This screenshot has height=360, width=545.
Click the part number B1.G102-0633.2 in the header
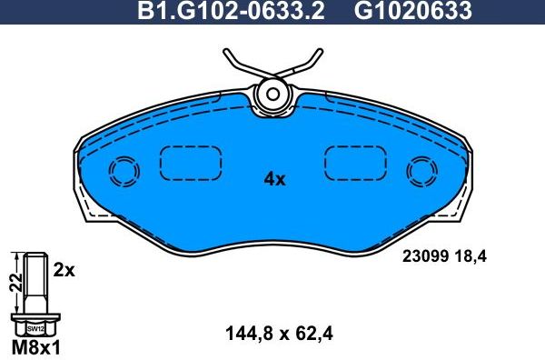tap(232, 12)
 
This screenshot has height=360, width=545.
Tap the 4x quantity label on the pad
tap(274, 179)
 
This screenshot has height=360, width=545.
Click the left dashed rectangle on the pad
tap(191, 164)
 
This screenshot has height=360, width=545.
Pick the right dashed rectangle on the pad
tap(355, 164)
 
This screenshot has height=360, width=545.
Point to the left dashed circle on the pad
tap(123, 171)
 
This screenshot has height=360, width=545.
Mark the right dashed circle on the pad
tap(422, 171)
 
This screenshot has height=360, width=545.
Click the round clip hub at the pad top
tap(272, 92)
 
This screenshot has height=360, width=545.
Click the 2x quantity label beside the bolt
tap(63, 270)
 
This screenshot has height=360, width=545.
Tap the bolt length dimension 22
tap(14, 283)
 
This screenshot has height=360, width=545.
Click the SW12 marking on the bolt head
tap(35, 327)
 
